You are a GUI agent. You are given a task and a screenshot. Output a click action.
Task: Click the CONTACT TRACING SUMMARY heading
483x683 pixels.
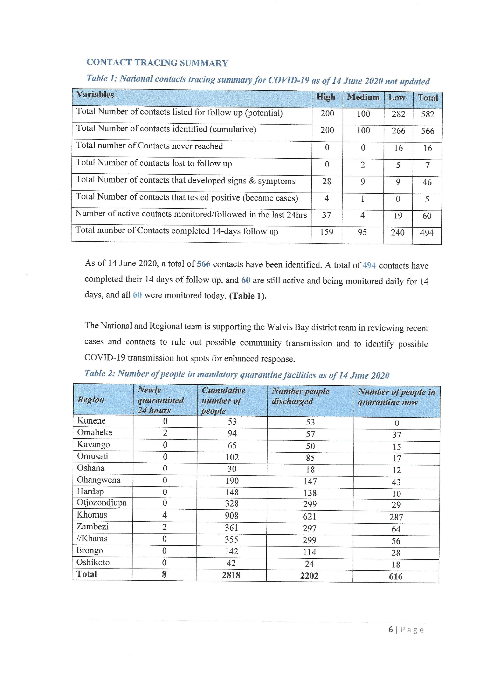(x=157, y=63)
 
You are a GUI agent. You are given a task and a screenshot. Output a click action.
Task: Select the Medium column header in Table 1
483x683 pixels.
(x=363, y=97)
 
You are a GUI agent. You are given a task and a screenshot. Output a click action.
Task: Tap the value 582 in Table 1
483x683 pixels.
(x=427, y=114)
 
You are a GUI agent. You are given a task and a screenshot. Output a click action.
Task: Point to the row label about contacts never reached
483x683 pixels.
(x=149, y=146)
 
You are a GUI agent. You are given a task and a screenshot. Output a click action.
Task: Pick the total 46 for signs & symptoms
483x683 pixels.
(x=427, y=182)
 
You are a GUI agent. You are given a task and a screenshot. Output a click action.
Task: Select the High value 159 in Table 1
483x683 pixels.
(x=327, y=232)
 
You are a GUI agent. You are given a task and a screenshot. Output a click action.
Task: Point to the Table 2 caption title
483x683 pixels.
(x=237, y=374)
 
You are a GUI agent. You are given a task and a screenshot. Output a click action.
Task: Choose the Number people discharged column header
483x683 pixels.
(x=301, y=396)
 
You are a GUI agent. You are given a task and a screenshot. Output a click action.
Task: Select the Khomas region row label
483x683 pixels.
(x=92, y=515)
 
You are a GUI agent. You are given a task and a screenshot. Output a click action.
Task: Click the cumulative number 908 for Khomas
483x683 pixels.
(x=232, y=515)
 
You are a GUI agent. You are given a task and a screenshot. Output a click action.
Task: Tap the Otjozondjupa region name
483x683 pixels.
(x=102, y=503)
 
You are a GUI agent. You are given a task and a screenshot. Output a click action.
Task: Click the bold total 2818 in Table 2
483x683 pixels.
(x=231, y=575)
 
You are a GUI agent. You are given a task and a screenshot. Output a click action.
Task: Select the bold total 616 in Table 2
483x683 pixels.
(x=396, y=576)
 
